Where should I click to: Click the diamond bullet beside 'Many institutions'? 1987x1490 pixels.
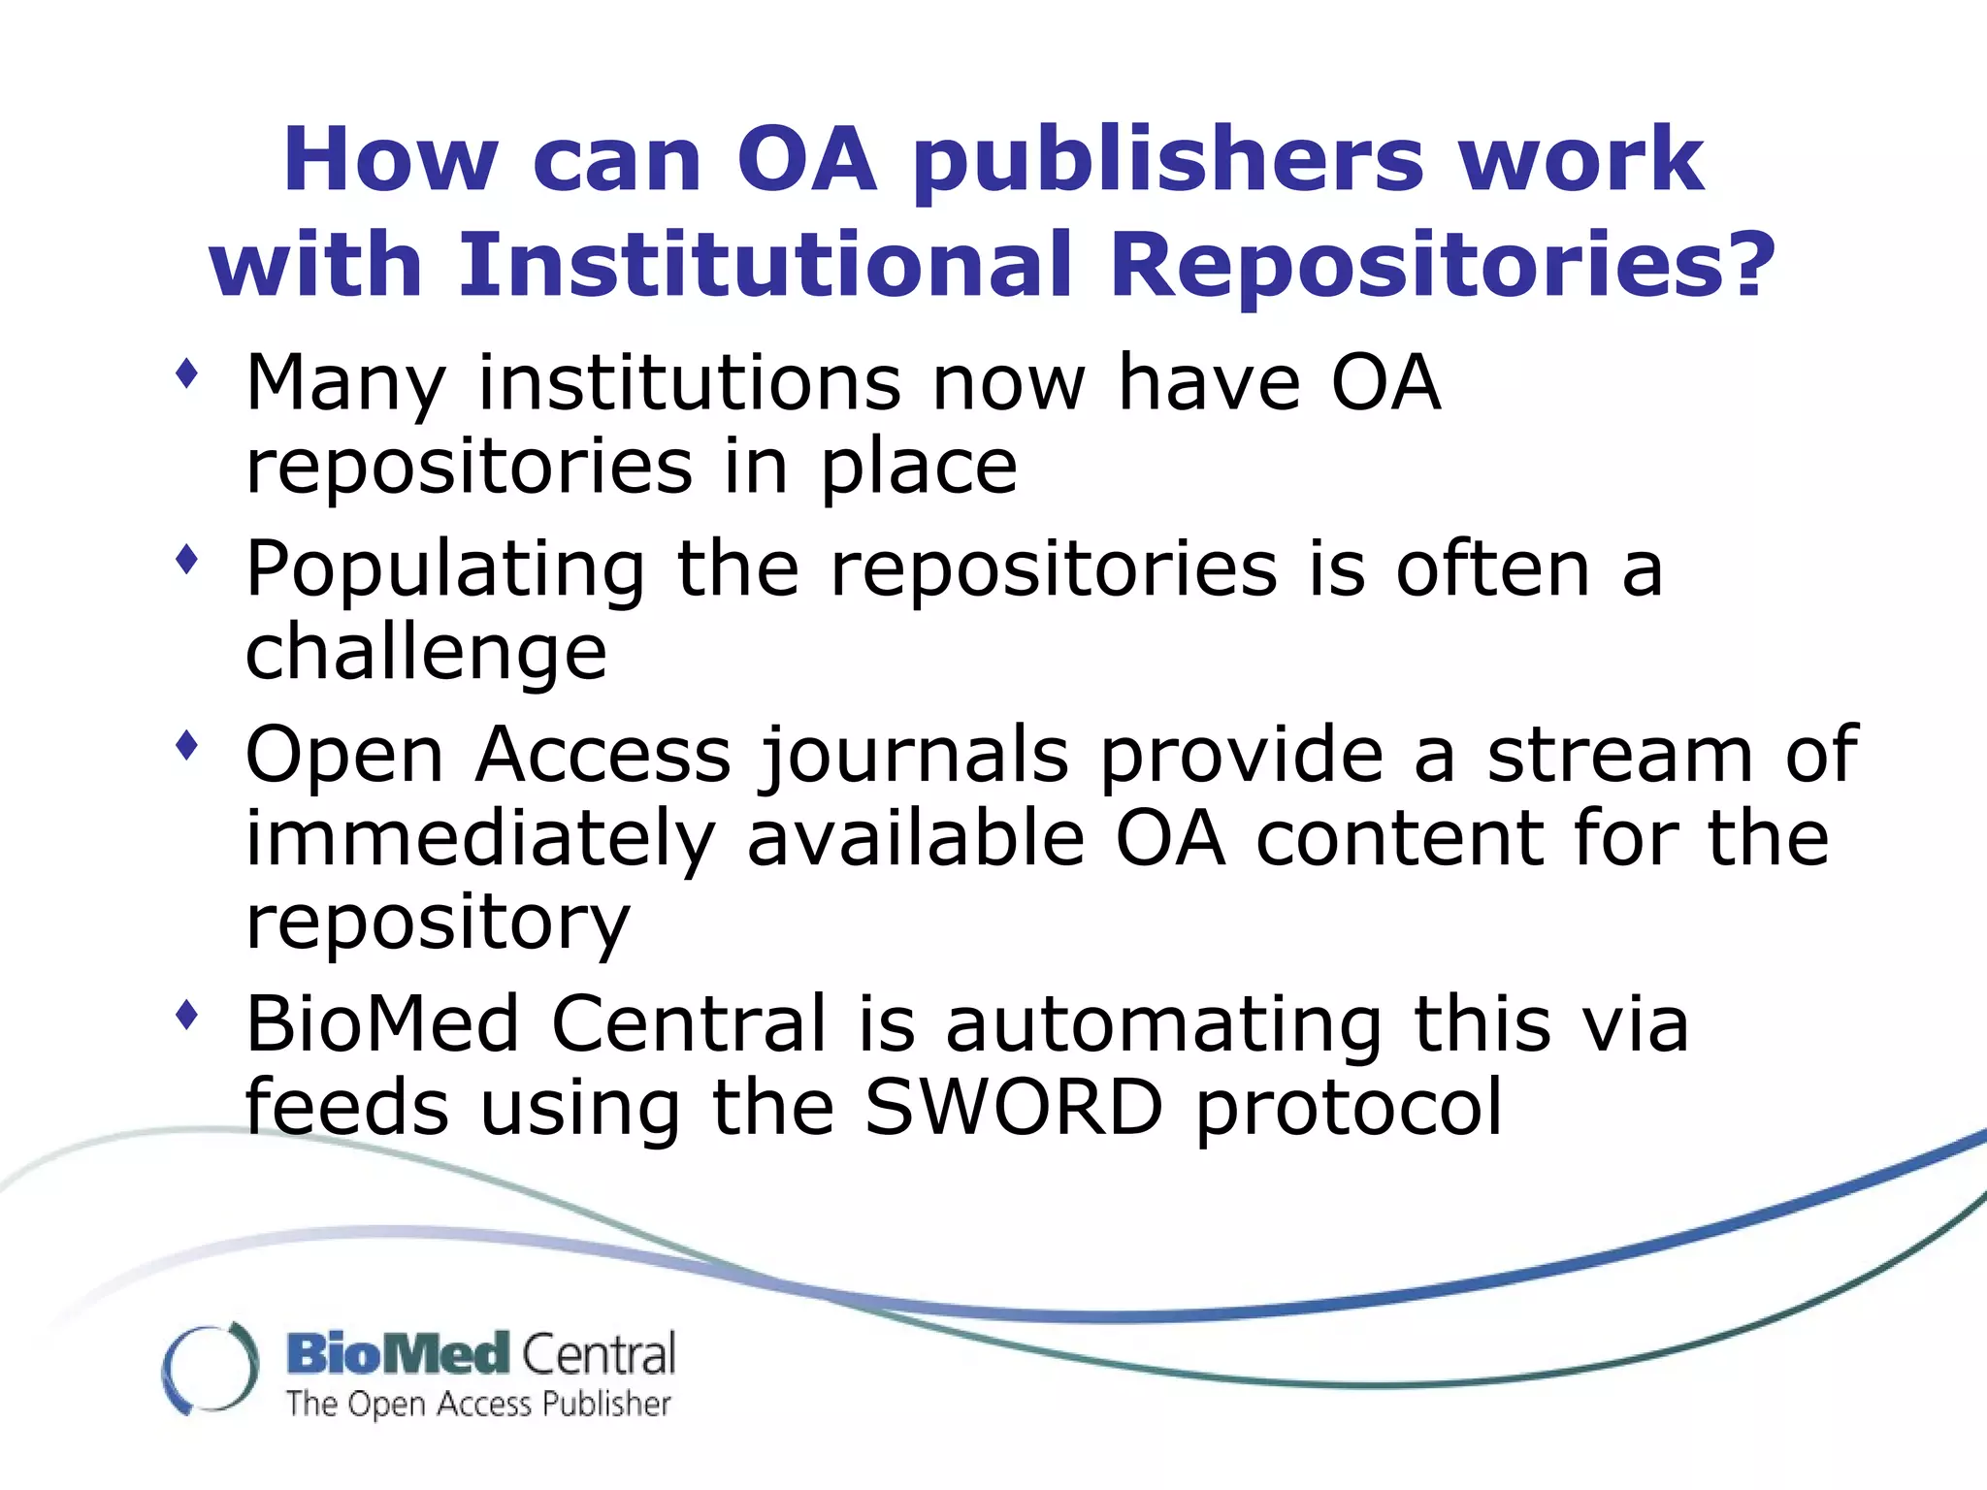click(x=187, y=373)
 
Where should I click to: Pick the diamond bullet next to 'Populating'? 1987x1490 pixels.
click(x=187, y=560)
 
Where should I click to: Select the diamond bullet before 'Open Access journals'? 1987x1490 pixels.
click(x=187, y=746)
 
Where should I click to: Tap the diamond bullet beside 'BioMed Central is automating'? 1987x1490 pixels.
click(x=187, y=1016)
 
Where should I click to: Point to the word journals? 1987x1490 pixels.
click(x=914, y=758)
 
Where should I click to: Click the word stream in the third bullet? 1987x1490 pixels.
click(x=1619, y=756)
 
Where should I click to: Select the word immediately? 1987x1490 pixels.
click(x=481, y=841)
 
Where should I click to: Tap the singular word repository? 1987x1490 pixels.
click(x=438, y=924)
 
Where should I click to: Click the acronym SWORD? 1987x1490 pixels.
click(x=1013, y=1108)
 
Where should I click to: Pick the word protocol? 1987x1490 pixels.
click(x=1349, y=1110)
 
